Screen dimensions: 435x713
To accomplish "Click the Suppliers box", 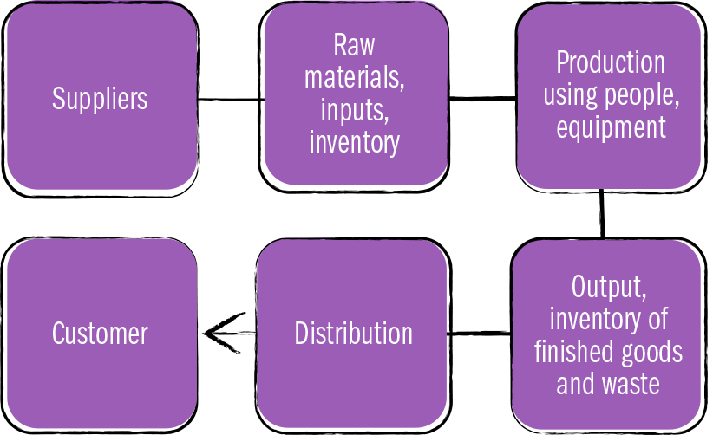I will tap(100, 98).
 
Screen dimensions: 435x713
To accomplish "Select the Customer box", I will tap(100, 334).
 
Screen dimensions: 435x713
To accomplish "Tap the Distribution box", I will tap(353, 334).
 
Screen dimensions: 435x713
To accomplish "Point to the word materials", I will tap(355, 79).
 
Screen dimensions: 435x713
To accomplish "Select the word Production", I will tap(610, 62).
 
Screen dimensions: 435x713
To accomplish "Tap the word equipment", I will tap(610, 127).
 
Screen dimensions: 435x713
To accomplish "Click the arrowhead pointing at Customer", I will tap(213, 334).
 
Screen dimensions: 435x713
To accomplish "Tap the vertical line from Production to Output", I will tap(601, 214).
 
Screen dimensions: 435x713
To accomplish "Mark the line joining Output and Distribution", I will tap(480, 334).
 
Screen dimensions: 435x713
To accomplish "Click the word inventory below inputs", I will tap(355, 142).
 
